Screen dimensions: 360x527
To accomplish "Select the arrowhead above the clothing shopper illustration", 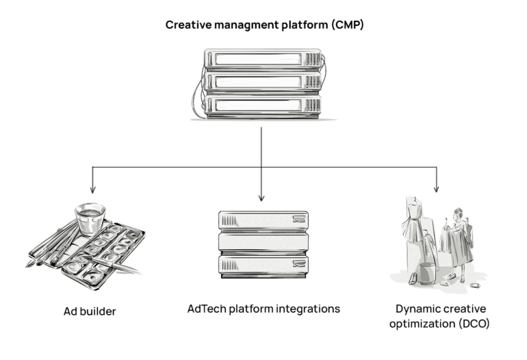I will [x=436, y=189].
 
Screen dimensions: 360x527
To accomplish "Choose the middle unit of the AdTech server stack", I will [x=261, y=242].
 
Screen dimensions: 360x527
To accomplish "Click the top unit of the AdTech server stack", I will [x=261, y=220].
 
